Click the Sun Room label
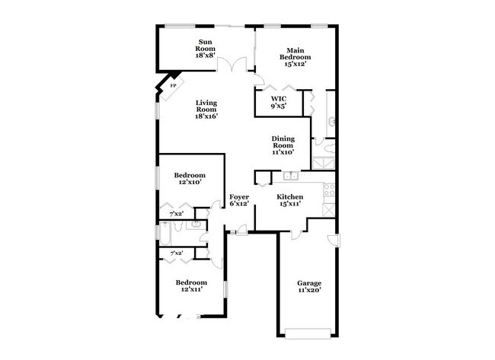pyautogui.click(x=206, y=48)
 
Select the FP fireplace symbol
pyautogui.click(x=171, y=84)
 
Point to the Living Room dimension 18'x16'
pyautogui.click(x=206, y=116)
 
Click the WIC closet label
pyautogui.click(x=278, y=103)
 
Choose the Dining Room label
pyautogui.click(x=283, y=146)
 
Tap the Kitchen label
pyautogui.click(x=289, y=201)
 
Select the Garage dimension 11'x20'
pyautogui.click(x=308, y=290)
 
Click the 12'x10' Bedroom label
pyautogui.click(x=188, y=179)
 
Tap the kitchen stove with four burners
pyautogui.click(x=328, y=190)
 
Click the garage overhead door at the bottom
pyautogui.click(x=308, y=331)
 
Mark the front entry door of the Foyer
pyautogui.click(x=241, y=230)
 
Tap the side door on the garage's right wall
pyautogui.click(x=333, y=241)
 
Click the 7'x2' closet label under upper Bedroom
pyautogui.click(x=176, y=213)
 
